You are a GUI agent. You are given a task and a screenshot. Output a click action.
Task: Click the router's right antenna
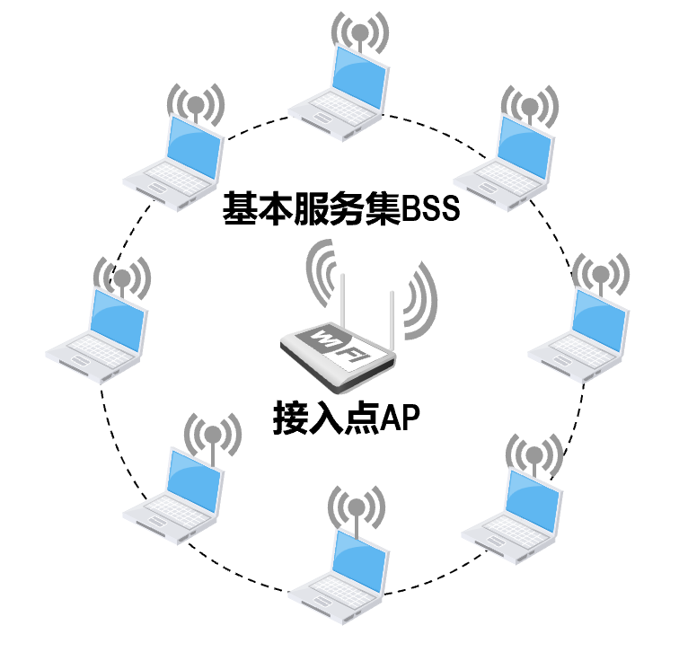392,310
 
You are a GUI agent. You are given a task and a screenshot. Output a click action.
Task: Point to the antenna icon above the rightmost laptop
599,273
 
